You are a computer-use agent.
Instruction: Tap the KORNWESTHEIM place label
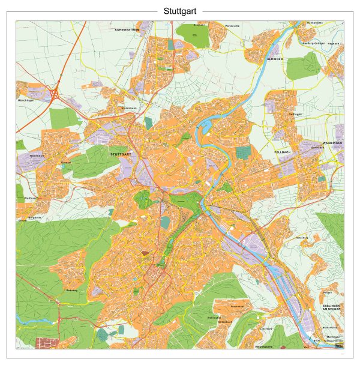point(127,29)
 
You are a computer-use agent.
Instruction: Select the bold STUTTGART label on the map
point(121,154)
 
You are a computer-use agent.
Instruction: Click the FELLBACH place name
point(282,154)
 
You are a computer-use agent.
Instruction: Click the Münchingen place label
point(26,100)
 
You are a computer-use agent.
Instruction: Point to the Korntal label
point(66,163)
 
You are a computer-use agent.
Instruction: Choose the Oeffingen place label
point(295,114)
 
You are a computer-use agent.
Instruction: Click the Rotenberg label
point(301,238)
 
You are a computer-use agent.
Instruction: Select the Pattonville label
point(232,26)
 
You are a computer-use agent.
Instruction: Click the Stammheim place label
point(129,108)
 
